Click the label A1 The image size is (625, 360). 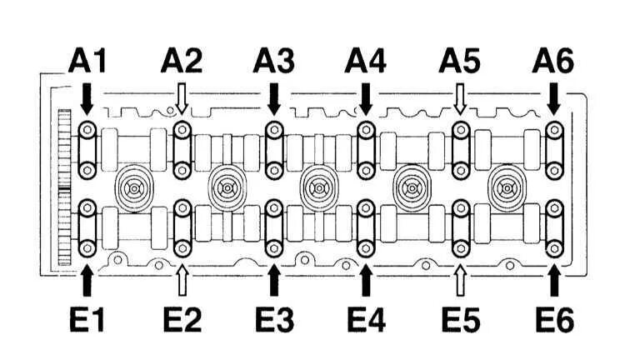(87, 61)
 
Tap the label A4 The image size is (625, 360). (365, 61)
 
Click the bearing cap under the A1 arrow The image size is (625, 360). (87, 150)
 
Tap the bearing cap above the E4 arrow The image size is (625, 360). (365, 226)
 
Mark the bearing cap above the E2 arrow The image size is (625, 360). (182, 226)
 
